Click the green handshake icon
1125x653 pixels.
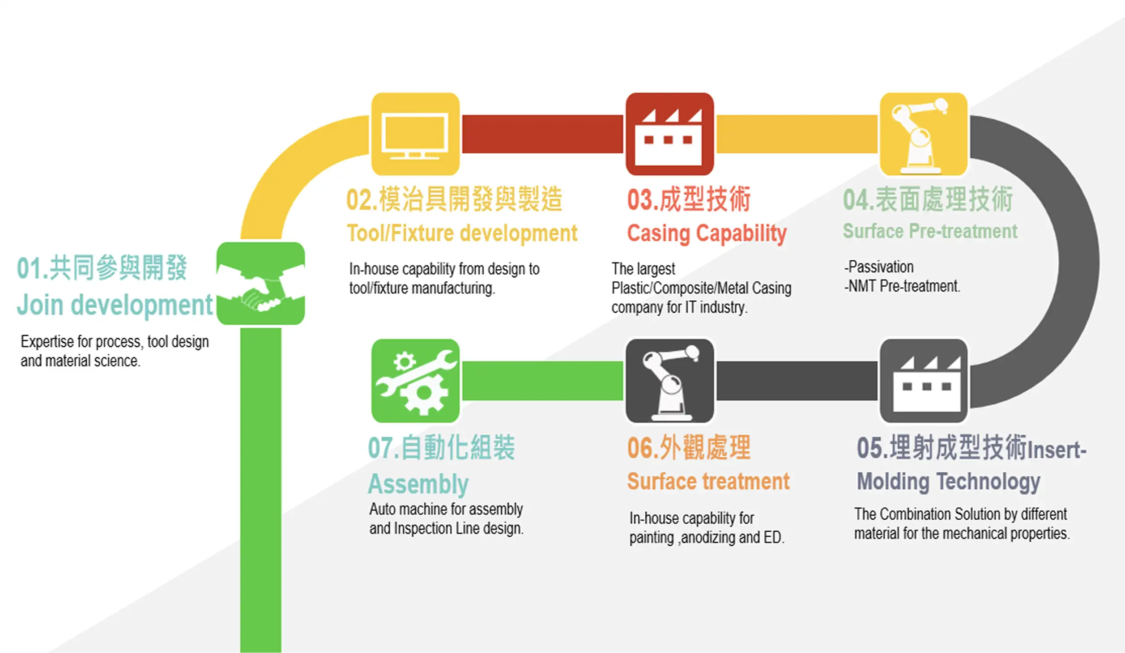click(x=260, y=284)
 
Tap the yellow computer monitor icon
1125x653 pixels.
click(x=415, y=134)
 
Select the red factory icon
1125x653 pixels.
click(x=669, y=134)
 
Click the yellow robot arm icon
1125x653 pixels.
click(x=924, y=134)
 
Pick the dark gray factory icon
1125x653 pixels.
click(x=924, y=381)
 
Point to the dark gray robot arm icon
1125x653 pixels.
click(x=669, y=381)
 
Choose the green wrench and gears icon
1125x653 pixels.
click(x=415, y=381)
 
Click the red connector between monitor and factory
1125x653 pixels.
click(x=542, y=134)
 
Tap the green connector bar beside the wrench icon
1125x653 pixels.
click(x=542, y=381)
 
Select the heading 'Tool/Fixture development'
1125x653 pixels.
click(x=462, y=233)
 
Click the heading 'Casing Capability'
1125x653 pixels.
click(x=707, y=233)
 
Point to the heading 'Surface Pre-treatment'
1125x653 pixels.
click(x=930, y=231)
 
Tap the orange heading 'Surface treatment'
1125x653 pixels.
click(x=708, y=481)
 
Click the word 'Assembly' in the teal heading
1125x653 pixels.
click(x=418, y=484)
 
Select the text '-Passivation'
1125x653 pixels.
click(x=879, y=267)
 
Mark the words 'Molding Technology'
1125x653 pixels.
click(x=948, y=482)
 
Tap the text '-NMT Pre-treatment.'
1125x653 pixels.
click(x=902, y=286)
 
